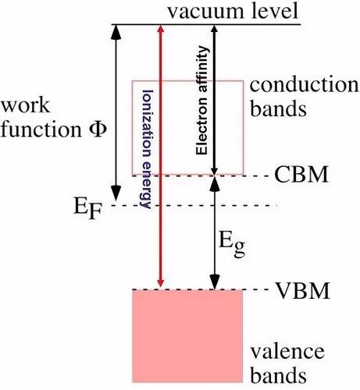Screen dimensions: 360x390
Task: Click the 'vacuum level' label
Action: pyautogui.click(x=233, y=12)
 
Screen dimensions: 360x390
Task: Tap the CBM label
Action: pyautogui.click(x=301, y=175)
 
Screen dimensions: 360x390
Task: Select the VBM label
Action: pyautogui.click(x=302, y=290)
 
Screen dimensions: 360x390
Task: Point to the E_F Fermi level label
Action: pyautogui.click(x=87, y=210)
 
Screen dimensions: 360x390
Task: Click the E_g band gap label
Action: pyautogui.click(x=232, y=243)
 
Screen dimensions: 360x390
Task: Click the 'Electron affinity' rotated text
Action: pyautogui.click(x=202, y=101)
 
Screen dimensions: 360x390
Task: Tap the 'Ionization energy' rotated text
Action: pyautogui.click(x=146, y=149)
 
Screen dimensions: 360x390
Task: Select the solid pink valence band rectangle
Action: pyautogui.click(x=187, y=336)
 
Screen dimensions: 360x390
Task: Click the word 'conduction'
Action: pyautogui.click(x=305, y=85)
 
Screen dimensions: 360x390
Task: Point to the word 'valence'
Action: pyautogui.click(x=287, y=353)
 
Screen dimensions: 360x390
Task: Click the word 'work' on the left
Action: pyautogui.click(x=26, y=106)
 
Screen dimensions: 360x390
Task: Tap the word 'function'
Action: pyautogui.click(x=41, y=129)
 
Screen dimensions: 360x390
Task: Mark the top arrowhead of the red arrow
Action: pyautogui.click(x=161, y=30)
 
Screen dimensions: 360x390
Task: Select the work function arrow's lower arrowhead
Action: pyautogui.click(x=116, y=193)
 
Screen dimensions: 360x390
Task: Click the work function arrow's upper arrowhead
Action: pyautogui.click(x=116, y=33)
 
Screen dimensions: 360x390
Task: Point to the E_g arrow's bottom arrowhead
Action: pyautogui.click(x=215, y=282)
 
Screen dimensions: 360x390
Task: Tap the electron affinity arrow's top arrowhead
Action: pyautogui.click(x=214, y=30)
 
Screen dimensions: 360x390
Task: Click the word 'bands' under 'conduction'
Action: pyautogui.click(x=278, y=108)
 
